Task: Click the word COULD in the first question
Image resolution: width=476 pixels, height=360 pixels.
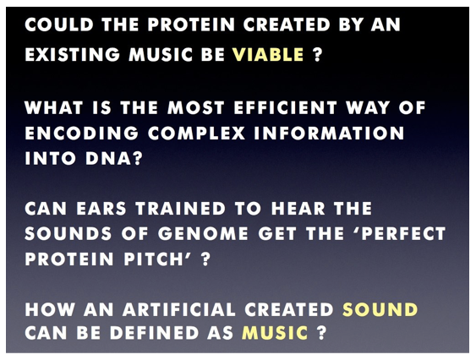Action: [59, 25]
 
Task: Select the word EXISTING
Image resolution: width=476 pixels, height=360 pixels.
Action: [73, 55]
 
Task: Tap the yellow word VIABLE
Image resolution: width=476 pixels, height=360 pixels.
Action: [268, 55]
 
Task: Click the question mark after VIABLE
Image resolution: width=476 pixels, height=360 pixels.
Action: [316, 55]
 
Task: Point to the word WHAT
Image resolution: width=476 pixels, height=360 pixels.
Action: [54, 108]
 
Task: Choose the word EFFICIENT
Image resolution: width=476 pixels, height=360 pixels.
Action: [286, 108]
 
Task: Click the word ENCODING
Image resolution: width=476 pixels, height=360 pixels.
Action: [82, 134]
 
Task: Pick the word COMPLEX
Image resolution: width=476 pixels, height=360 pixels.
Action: [197, 134]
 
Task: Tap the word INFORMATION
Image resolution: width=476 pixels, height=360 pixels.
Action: [330, 134]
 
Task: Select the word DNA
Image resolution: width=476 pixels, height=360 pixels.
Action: [108, 159]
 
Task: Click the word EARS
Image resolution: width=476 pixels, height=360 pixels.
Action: [101, 209]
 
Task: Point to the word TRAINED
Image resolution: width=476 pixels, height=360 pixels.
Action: [181, 209]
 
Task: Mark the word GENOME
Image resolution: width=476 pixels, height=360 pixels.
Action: [203, 234]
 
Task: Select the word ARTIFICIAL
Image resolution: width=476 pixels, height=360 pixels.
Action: [179, 310]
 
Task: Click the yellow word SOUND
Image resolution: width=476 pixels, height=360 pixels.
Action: [380, 310]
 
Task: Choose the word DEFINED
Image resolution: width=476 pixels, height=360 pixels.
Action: [154, 333]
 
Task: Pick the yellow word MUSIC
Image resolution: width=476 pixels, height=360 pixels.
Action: [275, 333]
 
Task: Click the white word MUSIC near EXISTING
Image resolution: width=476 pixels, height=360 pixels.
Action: [161, 55]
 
